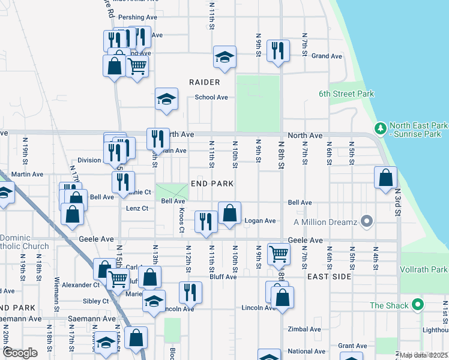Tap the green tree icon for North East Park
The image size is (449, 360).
(x=379, y=128)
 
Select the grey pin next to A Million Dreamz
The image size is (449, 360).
(x=367, y=222)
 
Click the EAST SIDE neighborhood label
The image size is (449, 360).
(x=328, y=277)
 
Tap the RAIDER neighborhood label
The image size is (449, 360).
(x=204, y=82)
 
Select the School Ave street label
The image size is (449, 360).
(x=211, y=97)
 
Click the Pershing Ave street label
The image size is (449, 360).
(x=137, y=17)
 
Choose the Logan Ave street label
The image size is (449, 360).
(x=260, y=221)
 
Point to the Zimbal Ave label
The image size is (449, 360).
(x=304, y=329)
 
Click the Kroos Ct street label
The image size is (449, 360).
(x=181, y=221)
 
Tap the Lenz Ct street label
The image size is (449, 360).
(x=137, y=208)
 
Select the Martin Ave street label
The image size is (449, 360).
(x=28, y=175)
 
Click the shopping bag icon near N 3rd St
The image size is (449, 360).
(x=385, y=177)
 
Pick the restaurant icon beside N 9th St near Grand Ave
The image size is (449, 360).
(x=279, y=50)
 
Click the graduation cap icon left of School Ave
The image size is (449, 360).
(x=166, y=99)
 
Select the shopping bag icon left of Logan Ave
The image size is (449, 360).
(x=229, y=213)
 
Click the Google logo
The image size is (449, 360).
(x=20, y=353)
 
